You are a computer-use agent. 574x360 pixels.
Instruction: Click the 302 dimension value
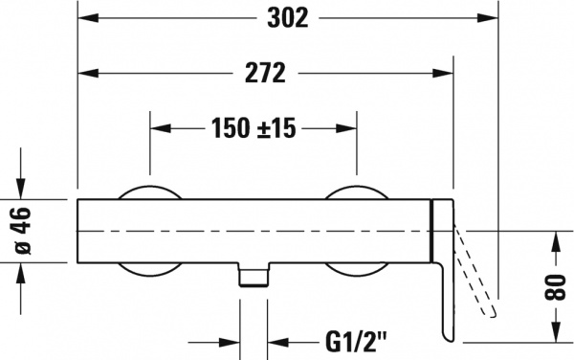[288, 18]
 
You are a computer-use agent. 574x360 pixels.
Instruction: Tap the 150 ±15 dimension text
[252, 127]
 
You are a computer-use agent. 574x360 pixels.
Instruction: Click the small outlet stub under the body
[253, 276]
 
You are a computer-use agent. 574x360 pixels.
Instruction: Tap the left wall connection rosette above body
[149, 191]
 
